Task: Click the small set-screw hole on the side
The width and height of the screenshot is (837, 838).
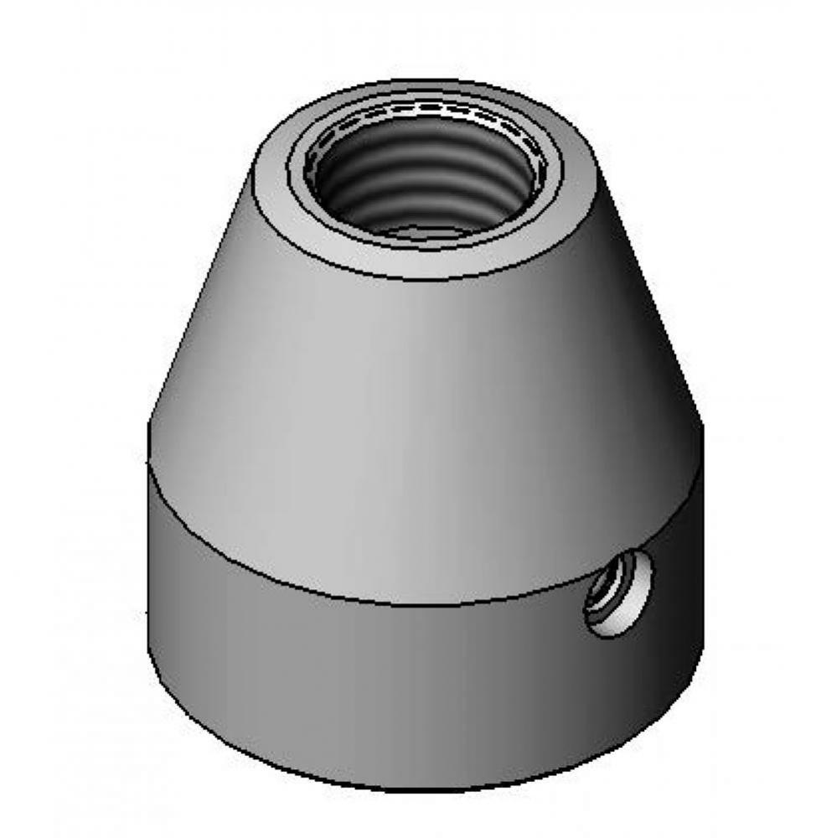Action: point(620,593)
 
